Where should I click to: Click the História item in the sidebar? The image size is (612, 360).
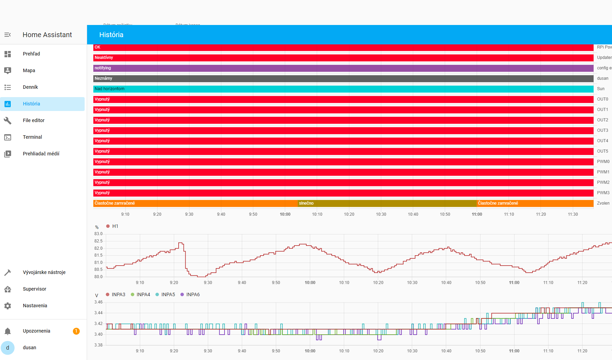click(31, 104)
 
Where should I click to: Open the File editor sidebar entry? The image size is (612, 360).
click(34, 120)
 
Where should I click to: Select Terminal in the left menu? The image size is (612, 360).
click(32, 137)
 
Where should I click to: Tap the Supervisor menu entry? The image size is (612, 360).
click(34, 289)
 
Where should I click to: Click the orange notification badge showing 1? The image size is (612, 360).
click(76, 331)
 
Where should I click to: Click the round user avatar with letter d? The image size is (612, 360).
click(8, 348)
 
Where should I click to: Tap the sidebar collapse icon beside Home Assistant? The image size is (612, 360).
click(8, 35)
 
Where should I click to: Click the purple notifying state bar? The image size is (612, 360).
click(343, 68)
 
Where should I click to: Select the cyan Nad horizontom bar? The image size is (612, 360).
click(343, 89)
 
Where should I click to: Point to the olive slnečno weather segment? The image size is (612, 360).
click(387, 203)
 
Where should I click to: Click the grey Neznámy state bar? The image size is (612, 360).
click(343, 78)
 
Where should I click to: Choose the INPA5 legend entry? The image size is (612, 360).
click(165, 294)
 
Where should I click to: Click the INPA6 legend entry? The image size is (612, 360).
click(190, 294)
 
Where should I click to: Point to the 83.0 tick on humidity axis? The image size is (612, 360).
click(99, 234)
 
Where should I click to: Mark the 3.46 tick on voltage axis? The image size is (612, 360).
click(99, 302)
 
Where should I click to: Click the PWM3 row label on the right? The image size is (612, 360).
click(603, 193)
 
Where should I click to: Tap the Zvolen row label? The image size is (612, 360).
click(603, 203)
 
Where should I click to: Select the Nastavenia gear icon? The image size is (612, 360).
click(8, 306)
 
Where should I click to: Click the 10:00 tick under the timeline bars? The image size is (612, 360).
click(285, 214)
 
